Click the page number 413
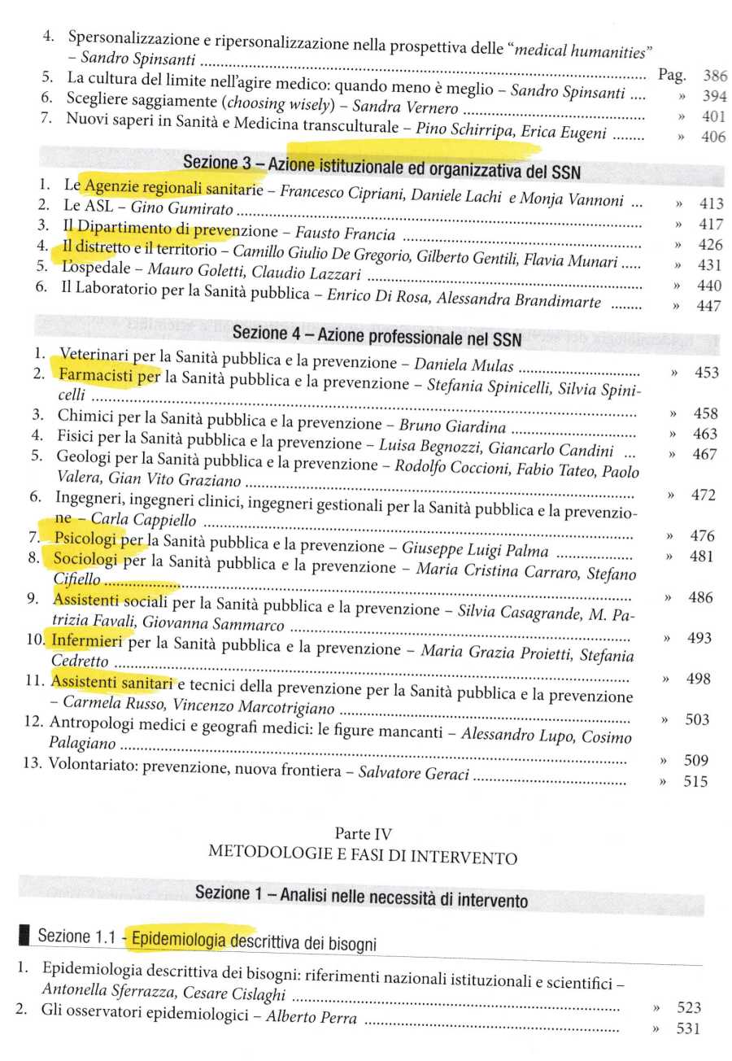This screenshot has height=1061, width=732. click(x=710, y=203)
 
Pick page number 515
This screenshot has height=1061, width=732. click(x=695, y=782)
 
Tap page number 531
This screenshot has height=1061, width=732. click(x=688, y=1029)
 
